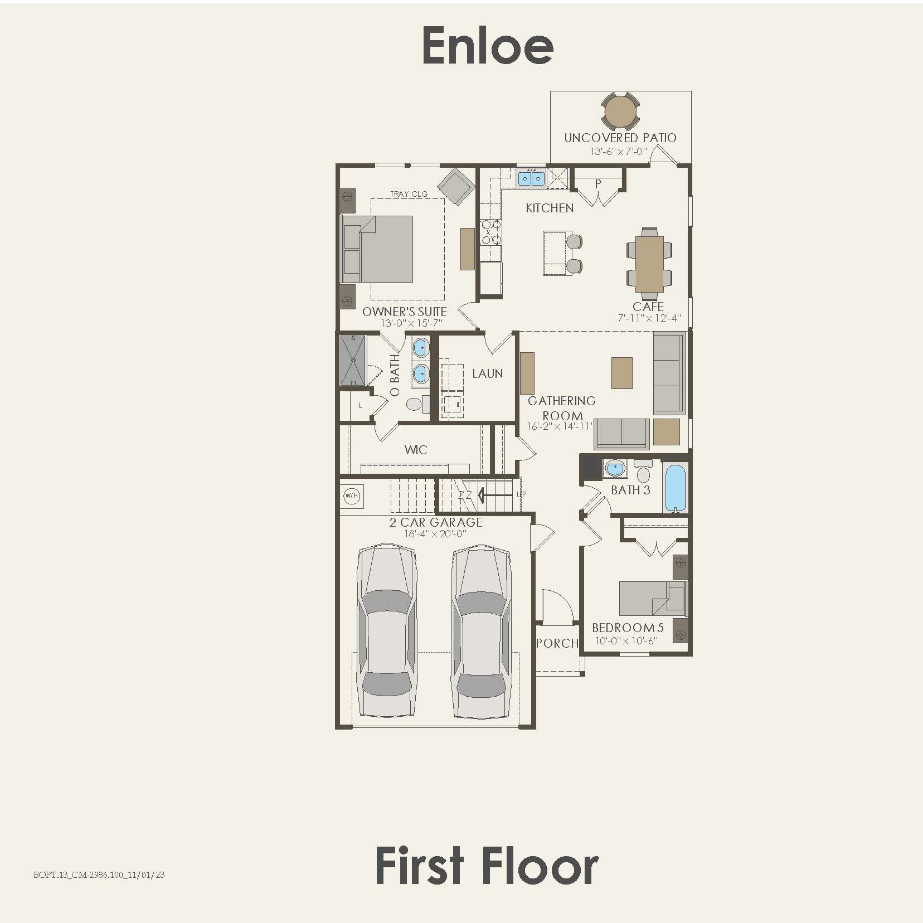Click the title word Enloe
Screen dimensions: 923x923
488,45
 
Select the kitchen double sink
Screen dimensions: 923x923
531,178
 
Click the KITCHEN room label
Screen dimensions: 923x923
550,208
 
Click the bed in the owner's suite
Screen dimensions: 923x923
377,249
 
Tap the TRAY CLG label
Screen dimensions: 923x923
409,194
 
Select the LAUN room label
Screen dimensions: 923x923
488,373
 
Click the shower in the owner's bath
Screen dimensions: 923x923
353,360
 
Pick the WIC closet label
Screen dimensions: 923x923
416,450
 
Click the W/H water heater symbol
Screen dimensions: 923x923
352,495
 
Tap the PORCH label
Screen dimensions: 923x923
557,643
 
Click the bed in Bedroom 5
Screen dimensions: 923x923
653,598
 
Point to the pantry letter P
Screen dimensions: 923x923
598,183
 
